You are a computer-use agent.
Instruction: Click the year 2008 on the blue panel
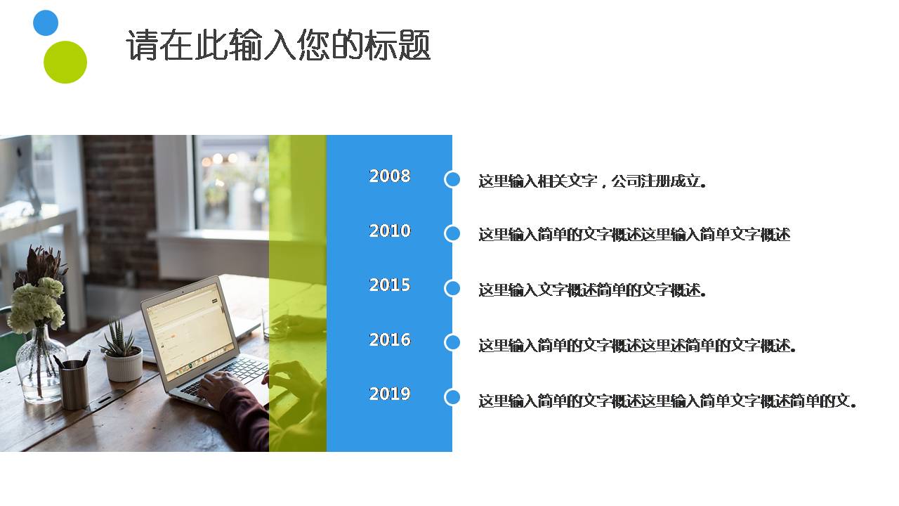[390, 176]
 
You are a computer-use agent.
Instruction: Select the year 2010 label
[390, 231]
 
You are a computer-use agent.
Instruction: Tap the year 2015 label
[390, 285]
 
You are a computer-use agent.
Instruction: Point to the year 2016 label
[390, 339]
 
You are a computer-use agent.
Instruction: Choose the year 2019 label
[390, 394]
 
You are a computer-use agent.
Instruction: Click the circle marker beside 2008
[452, 179]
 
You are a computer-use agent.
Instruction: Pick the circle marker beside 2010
[452, 233]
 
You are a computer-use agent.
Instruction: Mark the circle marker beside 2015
[452, 288]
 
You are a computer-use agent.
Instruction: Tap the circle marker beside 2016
[452, 342]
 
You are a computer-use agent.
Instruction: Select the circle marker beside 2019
[452, 397]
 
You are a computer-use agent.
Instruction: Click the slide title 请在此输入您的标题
[278, 46]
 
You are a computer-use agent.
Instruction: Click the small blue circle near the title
[46, 22]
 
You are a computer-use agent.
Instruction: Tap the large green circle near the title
[65, 62]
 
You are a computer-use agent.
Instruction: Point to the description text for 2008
[592, 181]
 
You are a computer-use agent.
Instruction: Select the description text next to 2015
[592, 290]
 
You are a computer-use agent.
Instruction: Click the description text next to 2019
[667, 401]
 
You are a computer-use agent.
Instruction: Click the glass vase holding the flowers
[39, 365]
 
